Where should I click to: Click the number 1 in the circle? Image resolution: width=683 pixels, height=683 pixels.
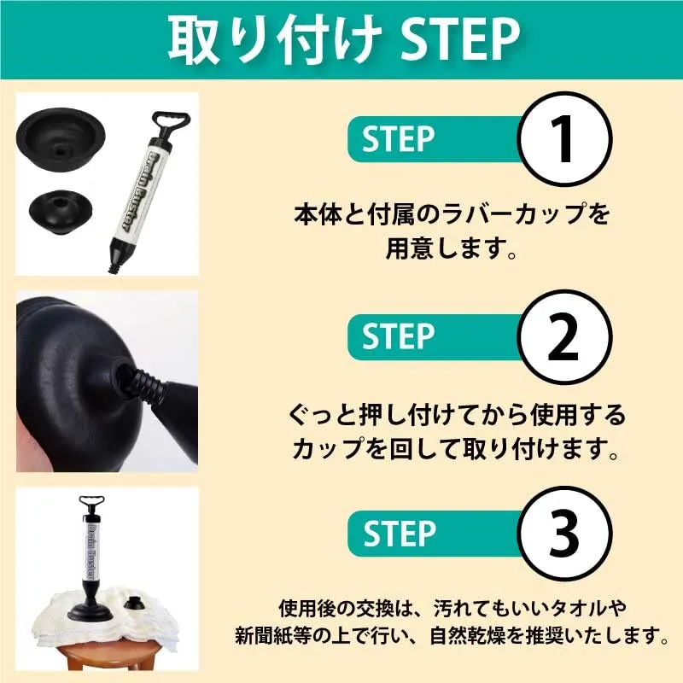click(565, 139)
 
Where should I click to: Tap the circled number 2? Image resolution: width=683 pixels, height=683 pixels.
click(564, 336)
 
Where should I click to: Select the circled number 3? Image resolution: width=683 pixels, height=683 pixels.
click(564, 533)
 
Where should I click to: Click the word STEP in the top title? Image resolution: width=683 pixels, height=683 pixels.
click(459, 40)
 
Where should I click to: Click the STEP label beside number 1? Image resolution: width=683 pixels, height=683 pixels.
click(398, 139)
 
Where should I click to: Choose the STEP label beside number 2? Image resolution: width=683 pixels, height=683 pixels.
click(398, 336)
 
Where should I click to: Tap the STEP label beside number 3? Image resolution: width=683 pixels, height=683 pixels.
click(399, 533)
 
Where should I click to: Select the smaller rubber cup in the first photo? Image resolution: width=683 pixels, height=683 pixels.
click(61, 211)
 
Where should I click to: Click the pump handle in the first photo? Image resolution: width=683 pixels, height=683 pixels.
click(171, 122)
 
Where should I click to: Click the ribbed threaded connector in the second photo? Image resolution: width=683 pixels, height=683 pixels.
click(143, 382)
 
